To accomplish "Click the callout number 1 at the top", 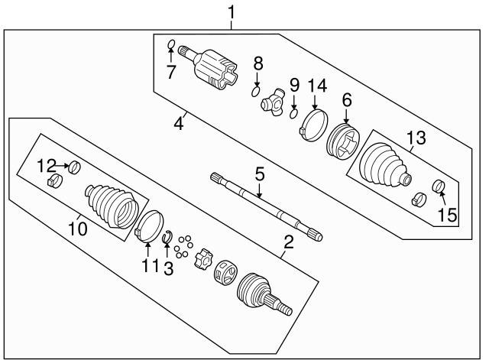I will (x=233, y=13).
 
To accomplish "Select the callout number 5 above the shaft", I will (x=260, y=175).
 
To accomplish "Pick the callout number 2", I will (x=289, y=243).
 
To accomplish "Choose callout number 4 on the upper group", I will (x=178, y=122).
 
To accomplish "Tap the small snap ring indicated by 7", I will (x=172, y=44).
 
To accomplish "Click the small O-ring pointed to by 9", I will (x=293, y=115).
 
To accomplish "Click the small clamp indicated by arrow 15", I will (x=439, y=186).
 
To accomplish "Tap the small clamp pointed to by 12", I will (x=76, y=167).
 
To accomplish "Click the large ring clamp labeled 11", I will (x=150, y=226).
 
